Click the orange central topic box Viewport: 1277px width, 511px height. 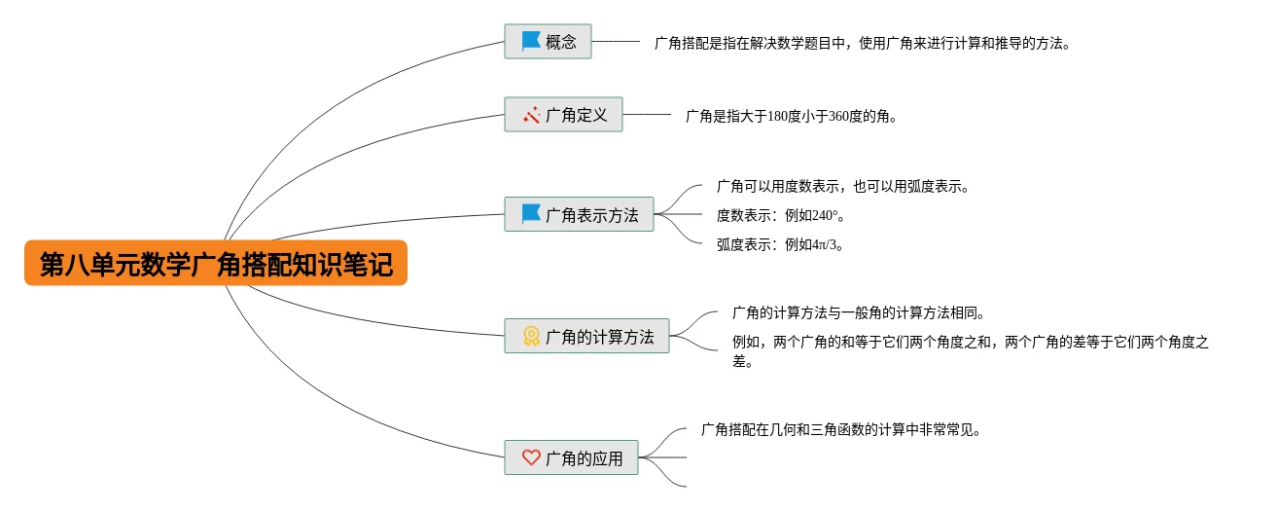pos(215,263)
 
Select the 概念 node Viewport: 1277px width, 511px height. pos(548,42)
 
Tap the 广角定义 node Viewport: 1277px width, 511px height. pos(563,115)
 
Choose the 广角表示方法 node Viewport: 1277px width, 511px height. pos(579,214)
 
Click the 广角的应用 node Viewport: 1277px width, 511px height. pos(571,457)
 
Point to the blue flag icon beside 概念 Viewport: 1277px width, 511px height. pos(531,41)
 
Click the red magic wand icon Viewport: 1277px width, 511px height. pos(531,115)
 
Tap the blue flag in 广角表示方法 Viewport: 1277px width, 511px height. pos(531,214)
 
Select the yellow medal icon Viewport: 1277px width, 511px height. pos(531,336)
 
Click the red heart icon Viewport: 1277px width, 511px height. pos(531,457)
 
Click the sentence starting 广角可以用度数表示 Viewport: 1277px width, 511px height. pos(842,186)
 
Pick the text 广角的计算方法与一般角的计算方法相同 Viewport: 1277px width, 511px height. pos(859,313)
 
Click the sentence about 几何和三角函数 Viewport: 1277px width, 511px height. pos(840,428)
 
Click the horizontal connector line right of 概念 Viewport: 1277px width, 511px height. pos(616,42)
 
